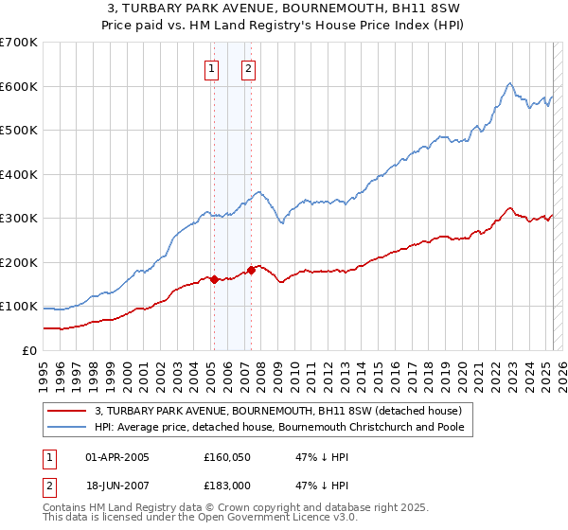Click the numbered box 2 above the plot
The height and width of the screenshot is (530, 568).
click(x=248, y=67)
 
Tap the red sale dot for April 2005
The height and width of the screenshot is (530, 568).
click(x=214, y=279)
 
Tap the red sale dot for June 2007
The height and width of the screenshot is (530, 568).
click(x=252, y=270)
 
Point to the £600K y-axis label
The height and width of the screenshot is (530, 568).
click(x=19, y=86)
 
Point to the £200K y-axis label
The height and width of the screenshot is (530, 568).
click(x=19, y=262)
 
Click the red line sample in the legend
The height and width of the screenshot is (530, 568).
click(x=66, y=411)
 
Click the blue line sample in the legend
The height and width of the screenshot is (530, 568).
click(x=66, y=427)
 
